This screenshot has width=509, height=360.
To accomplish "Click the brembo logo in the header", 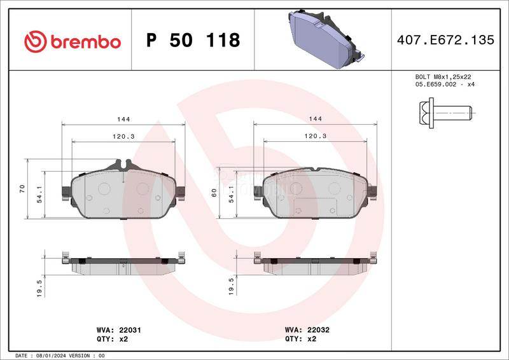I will coord(72,41).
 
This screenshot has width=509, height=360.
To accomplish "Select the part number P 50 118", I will coord(193,41).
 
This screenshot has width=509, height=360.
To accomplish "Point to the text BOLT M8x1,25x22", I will coord(438,76).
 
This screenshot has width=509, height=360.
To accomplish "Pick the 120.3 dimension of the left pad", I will coord(124,136).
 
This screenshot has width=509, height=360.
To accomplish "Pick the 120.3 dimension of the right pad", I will coord(316,136).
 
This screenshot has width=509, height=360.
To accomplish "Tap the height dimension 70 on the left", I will coord(22,188).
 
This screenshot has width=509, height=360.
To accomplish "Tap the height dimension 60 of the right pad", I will coord(214,193).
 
